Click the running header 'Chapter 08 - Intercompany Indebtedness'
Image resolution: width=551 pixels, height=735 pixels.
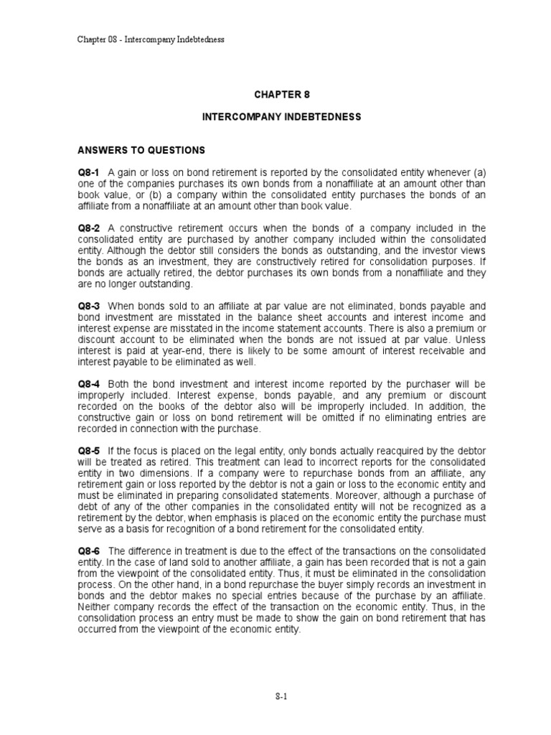tap(151, 39)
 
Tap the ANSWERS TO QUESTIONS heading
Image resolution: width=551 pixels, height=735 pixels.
tap(141, 150)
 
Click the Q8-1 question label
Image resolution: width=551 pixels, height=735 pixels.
tap(89, 173)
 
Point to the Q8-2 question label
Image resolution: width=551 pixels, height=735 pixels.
tap(89, 228)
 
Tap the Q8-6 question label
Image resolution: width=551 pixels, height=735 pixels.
tap(89, 540)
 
